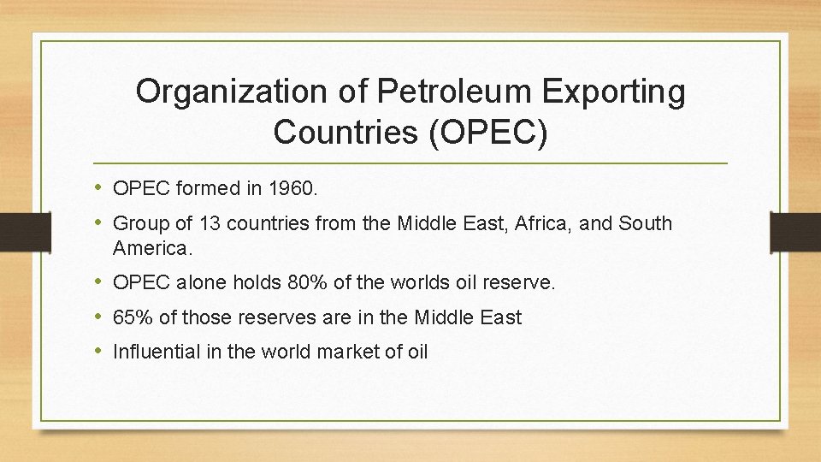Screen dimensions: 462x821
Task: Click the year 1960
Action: click(292, 190)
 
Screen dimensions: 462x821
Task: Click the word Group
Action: click(139, 224)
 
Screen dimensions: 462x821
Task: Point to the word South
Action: click(646, 224)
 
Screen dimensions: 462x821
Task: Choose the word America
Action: click(151, 249)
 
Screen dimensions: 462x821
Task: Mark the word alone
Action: click(201, 282)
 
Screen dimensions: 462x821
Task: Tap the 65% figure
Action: click(133, 317)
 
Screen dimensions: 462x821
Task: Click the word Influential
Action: click(155, 351)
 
